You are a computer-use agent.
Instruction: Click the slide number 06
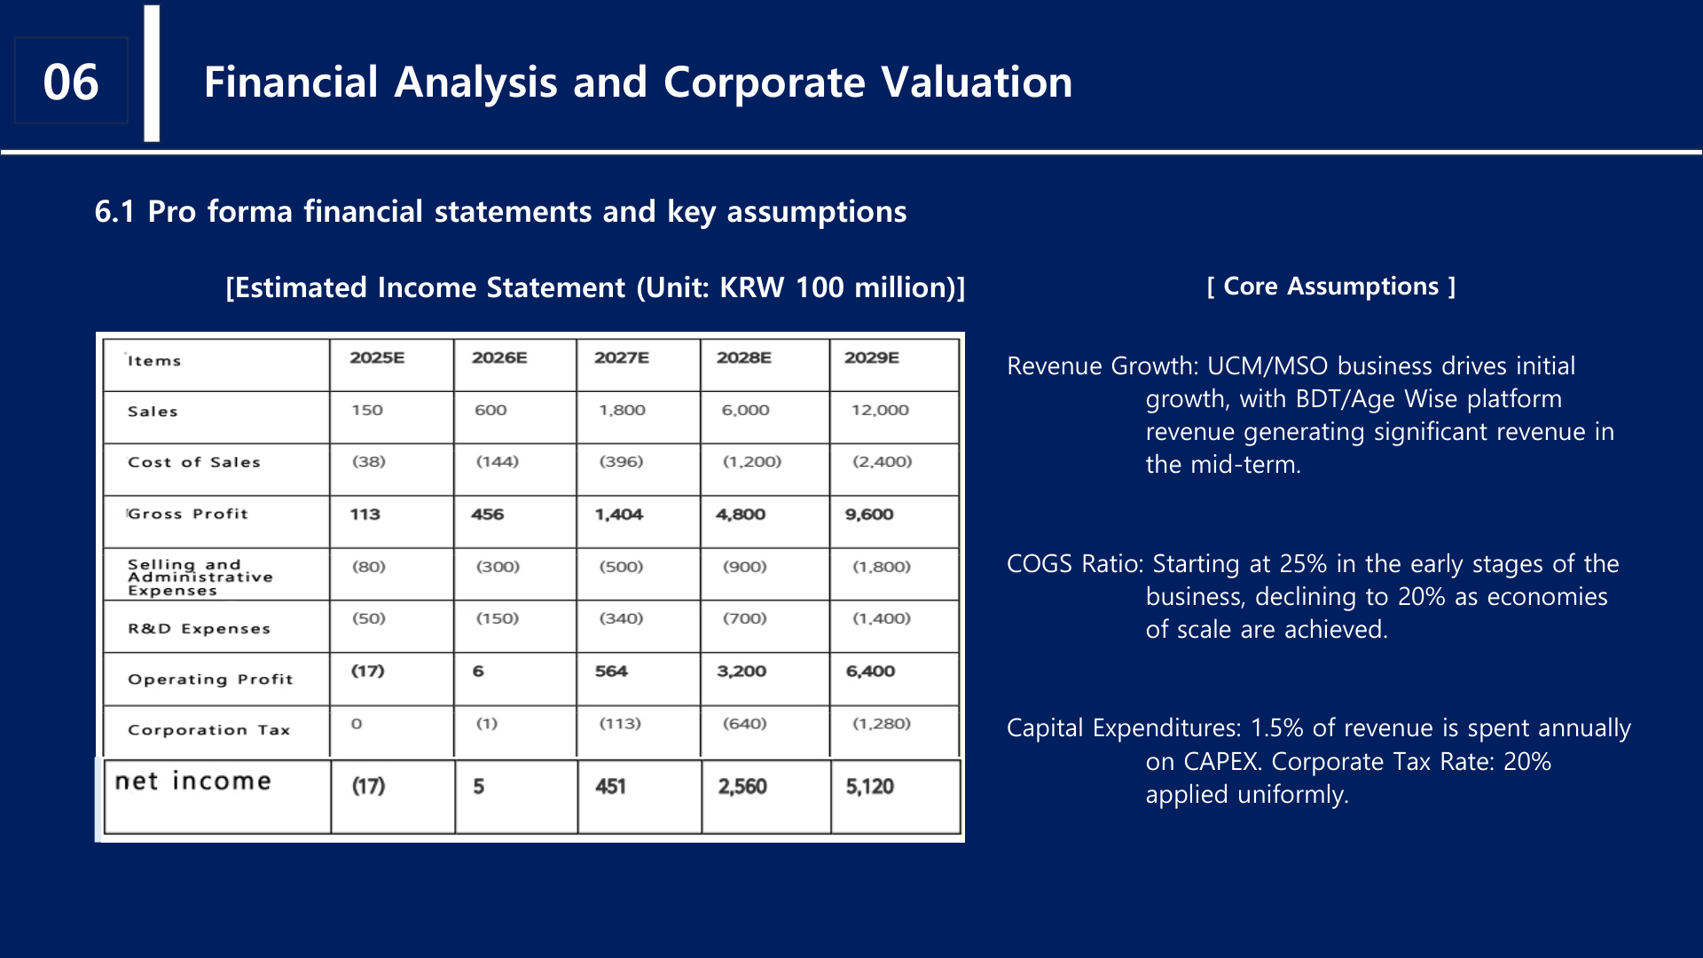click(71, 82)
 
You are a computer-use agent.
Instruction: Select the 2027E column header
click(621, 357)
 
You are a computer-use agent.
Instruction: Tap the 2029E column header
click(871, 357)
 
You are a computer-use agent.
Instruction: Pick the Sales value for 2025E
click(366, 410)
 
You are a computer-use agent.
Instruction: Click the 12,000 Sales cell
click(879, 410)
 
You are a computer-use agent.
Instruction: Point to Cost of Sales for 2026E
click(497, 461)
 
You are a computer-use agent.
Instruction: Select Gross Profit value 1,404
click(618, 514)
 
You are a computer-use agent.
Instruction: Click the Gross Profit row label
click(187, 514)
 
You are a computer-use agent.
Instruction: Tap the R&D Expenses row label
click(199, 628)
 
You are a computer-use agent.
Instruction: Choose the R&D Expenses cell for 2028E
click(744, 618)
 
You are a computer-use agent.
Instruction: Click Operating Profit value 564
click(610, 671)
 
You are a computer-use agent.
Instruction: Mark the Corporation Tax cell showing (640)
click(744, 724)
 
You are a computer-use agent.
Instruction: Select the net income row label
click(192, 781)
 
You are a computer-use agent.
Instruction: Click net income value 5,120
click(869, 787)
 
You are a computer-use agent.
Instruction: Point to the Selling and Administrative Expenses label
click(200, 577)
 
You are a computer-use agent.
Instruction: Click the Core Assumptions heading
click(1330, 287)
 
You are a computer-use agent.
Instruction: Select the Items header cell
click(153, 361)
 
